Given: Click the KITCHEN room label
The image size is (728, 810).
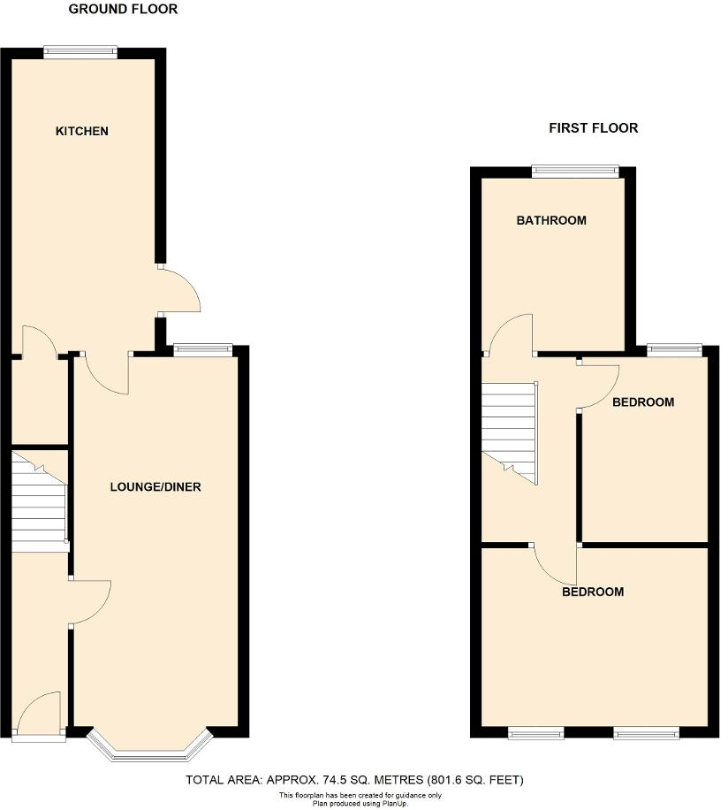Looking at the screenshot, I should [82, 131].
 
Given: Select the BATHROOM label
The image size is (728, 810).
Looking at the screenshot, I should [551, 220].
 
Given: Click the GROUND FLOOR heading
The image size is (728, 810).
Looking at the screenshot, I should [123, 9].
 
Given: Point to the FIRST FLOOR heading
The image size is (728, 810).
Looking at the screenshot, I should [594, 128].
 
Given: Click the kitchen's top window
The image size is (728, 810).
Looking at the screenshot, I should [81, 51].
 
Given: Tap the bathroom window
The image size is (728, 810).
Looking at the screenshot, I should [574, 172].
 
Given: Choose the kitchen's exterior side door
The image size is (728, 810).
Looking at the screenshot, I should [180, 289].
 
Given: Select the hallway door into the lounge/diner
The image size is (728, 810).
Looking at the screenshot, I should [90, 603].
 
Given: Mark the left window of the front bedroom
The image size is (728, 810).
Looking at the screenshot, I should [536, 731].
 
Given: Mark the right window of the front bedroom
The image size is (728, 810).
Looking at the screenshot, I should [647, 731].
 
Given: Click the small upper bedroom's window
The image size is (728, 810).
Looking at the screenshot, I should [675, 350].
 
